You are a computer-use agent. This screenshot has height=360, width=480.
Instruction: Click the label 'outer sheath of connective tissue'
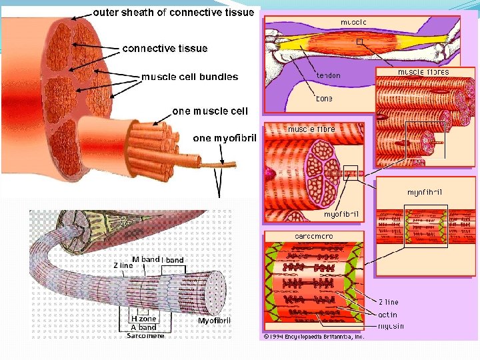[x=173, y=12]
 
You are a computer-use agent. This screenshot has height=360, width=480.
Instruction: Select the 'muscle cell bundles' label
[x=189, y=77]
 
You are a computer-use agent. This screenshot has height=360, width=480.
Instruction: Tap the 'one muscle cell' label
[x=210, y=111]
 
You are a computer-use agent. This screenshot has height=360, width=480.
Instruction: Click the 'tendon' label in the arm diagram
[x=328, y=75]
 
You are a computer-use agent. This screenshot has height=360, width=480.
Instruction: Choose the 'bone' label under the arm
[x=324, y=99]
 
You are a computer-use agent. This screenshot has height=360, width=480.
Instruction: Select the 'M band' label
[x=145, y=259]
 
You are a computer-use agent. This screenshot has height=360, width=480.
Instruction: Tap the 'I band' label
[x=173, y=259]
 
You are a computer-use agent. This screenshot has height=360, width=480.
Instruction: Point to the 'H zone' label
[x=143, y=319]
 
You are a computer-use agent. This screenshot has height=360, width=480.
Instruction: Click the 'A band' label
[x=143, y=327]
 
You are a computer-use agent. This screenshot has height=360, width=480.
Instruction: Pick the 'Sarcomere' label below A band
[x=145, y=335]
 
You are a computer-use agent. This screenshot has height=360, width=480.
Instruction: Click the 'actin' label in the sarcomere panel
[x=387, y=315]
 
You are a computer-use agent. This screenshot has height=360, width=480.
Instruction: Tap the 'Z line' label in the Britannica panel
[x=389, y=303]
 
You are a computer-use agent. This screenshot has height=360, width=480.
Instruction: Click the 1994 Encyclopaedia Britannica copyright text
[x=313, y=337]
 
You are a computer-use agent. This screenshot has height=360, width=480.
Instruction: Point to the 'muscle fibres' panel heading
[x=423, y=72]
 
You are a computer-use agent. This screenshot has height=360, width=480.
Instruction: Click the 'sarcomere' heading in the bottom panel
[x=314, y=236]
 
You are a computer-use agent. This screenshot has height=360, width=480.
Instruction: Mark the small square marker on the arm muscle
[x=360, y=42]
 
